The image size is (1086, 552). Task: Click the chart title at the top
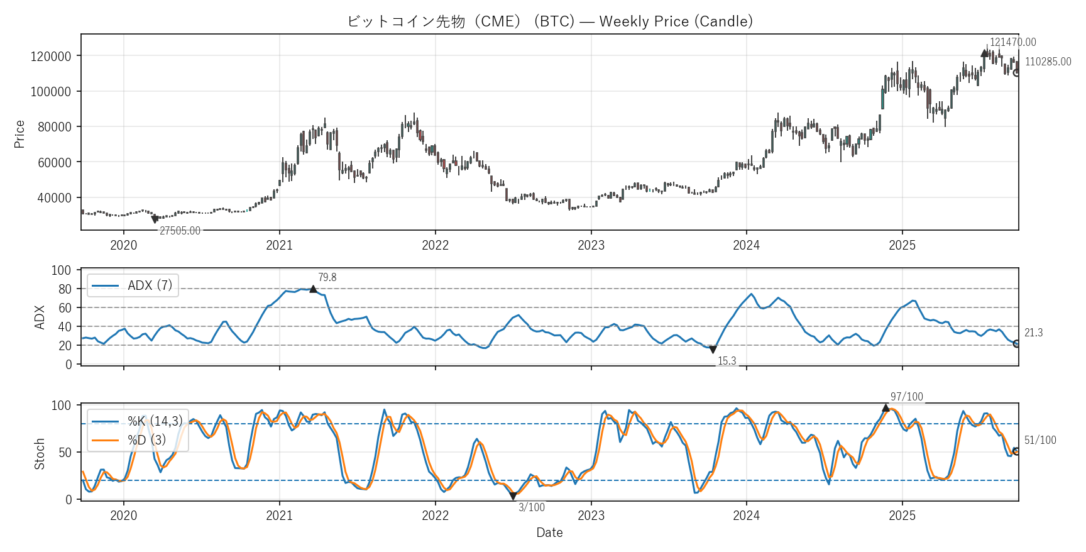click(550, 21)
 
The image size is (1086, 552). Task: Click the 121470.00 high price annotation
click(1012, 42)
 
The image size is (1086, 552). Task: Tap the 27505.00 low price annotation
click(180, 231)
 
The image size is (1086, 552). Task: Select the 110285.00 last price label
click(1048, 62)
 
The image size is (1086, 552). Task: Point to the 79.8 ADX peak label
click(327, 277)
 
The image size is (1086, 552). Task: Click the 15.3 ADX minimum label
click(727, 361)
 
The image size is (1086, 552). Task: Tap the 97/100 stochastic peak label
click(906, 397)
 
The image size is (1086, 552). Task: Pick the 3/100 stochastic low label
click(531, 507)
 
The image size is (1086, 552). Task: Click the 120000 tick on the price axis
click(51, 56)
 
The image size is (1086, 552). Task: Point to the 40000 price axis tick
click(54, 198)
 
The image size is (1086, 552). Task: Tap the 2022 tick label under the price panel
click(435, 245)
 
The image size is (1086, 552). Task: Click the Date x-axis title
click(549, 533)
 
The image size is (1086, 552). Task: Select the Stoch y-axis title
click(40, 453)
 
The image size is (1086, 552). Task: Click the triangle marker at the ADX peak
click(313, 289)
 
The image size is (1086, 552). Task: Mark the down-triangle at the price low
click(155, 219)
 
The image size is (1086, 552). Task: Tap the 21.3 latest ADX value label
click(1033, 333)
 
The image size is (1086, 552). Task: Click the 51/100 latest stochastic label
click(1040, 440)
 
